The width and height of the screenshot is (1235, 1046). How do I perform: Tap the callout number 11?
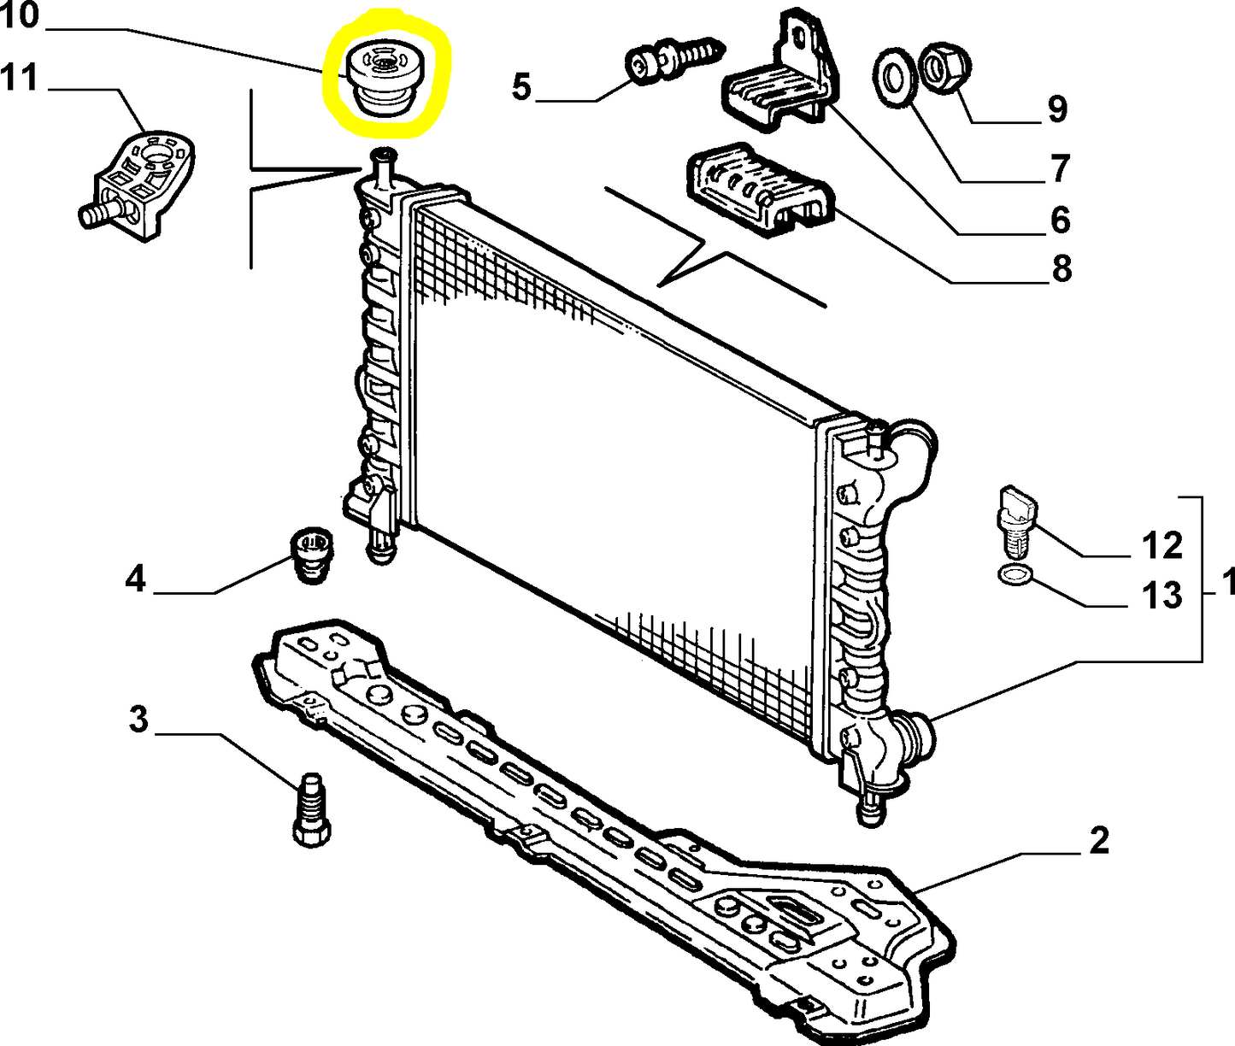point(20,78)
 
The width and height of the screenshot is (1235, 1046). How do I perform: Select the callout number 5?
point(521,87)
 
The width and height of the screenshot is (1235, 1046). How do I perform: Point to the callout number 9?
point(1057,109)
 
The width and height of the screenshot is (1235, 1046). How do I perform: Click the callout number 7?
point(1060,167)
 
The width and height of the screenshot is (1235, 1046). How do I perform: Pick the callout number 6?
point(1060,220)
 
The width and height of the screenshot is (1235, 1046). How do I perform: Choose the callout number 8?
point(1061,269)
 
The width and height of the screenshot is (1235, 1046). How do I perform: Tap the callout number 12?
point(1162,544)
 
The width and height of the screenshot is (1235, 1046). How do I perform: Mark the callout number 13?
point(1162,596)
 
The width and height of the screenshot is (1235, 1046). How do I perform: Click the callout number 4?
point(135,579)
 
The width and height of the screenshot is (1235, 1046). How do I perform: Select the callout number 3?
point(138,720)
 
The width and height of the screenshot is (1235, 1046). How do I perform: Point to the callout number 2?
point(1099,841)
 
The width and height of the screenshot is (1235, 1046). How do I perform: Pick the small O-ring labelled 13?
point(1014,575)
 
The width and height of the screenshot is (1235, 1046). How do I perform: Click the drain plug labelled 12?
point(1016,519)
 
